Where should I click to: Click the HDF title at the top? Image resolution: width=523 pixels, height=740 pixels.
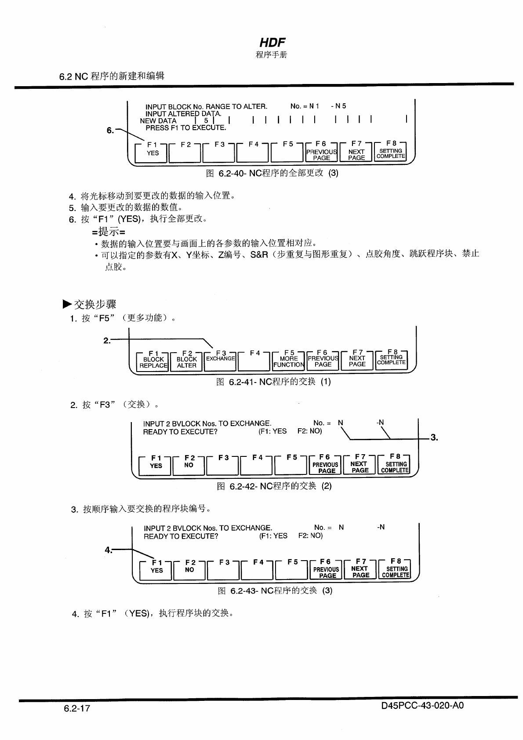tap(272, 43)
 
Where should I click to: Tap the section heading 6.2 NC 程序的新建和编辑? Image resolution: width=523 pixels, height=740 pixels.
tap(112, 76)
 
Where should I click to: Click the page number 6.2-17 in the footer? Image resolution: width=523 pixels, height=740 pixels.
tap(77, 708)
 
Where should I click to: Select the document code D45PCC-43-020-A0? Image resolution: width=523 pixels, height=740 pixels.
tap(422, 706)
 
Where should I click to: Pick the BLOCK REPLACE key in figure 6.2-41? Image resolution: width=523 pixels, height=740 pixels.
tap(153, 362)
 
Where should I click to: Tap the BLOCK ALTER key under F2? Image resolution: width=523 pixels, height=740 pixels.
tap(186, 362)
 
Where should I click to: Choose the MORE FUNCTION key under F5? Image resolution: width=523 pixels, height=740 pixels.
tap(288, 362)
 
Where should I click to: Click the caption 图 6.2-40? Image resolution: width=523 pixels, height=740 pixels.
tap(272, 173)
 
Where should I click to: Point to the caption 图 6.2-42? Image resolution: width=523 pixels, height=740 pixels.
tap(274, 486)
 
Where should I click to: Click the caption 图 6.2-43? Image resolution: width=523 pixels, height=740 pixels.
tap(275, 590)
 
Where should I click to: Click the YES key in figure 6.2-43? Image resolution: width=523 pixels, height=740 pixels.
tap(156, 570)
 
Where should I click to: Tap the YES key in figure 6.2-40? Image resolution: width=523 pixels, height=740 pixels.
tap(153, 153)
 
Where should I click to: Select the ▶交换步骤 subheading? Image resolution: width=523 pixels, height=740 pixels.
tap(89, 304)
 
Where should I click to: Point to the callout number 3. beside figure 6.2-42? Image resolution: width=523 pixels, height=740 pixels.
tap(434, 437)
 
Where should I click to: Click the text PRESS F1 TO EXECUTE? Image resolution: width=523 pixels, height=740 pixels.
tap(185, 128)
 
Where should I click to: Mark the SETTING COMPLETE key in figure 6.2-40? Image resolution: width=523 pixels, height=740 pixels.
tap(390, 153)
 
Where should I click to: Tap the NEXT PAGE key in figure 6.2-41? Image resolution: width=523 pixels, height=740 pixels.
tap(357, 361)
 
